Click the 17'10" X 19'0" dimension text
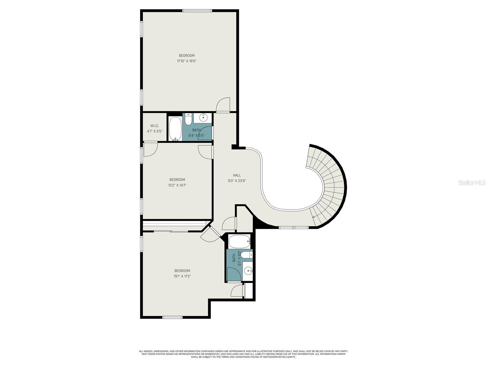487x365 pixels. tap(187, 61)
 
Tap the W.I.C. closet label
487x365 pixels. tap(155, 126)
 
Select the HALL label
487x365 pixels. tap(237, 175)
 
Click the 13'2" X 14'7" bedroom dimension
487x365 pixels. tap(177, 185)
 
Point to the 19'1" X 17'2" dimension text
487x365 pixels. tap(182, 276)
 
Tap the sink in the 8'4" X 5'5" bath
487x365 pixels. tap(203, 117)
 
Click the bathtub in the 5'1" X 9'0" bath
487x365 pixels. tap(239, 242)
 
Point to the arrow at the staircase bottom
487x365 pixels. tap(314, 217)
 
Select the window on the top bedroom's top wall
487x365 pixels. tap(197, 11)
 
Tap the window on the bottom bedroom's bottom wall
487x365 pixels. tap(172, 318)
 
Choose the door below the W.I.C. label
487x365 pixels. tap(150, 149)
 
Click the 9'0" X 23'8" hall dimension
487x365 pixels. tap(237, 181)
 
